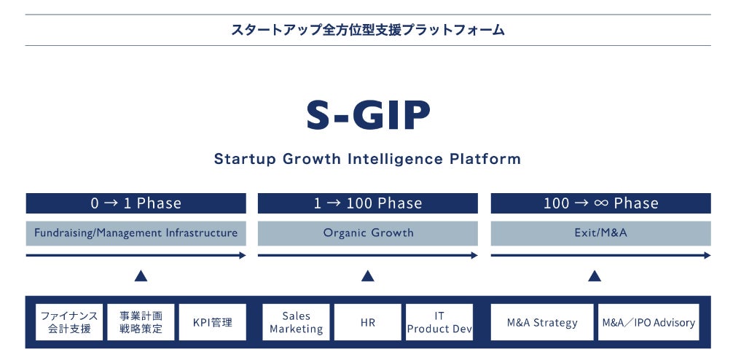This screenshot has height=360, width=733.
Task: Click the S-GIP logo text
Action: click(x=368, y=115)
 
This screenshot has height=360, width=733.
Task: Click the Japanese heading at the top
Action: click(x=368, y=31)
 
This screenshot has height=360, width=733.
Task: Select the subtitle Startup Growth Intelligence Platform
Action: click(x=368, y=159)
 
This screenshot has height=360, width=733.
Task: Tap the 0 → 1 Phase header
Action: click(x=136, y=203)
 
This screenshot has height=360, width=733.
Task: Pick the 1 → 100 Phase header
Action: click(x=368, y=203)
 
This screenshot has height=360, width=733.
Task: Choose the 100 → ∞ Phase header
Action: click(x=600, y=203)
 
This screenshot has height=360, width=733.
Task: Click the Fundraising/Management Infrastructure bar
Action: click(x=136, y=233)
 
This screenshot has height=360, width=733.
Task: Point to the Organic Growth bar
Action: click(x=368, y=233)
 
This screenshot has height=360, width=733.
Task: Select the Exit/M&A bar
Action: click(x=600, y=233)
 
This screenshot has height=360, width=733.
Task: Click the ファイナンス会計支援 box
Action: click(x=69, y=322)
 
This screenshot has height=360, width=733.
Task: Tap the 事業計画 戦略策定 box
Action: click(x=141, y=322)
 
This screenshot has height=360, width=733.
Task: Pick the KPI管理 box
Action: click(x=212, y=322)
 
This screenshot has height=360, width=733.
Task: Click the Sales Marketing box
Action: click(x=296, y=322)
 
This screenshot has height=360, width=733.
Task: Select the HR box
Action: click(x=368, y=322)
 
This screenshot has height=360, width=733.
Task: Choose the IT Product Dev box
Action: click(x=439, y=322)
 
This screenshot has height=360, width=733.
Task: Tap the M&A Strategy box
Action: click(x=542, y=322)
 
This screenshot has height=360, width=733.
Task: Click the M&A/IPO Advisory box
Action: click(x=648, y=322)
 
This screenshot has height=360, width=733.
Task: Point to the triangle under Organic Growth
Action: click(x=368, y=276)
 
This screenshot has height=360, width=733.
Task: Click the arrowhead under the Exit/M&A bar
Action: click(x=707, y=255)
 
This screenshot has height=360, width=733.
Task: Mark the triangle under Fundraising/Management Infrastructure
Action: click(x=141, y=276)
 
